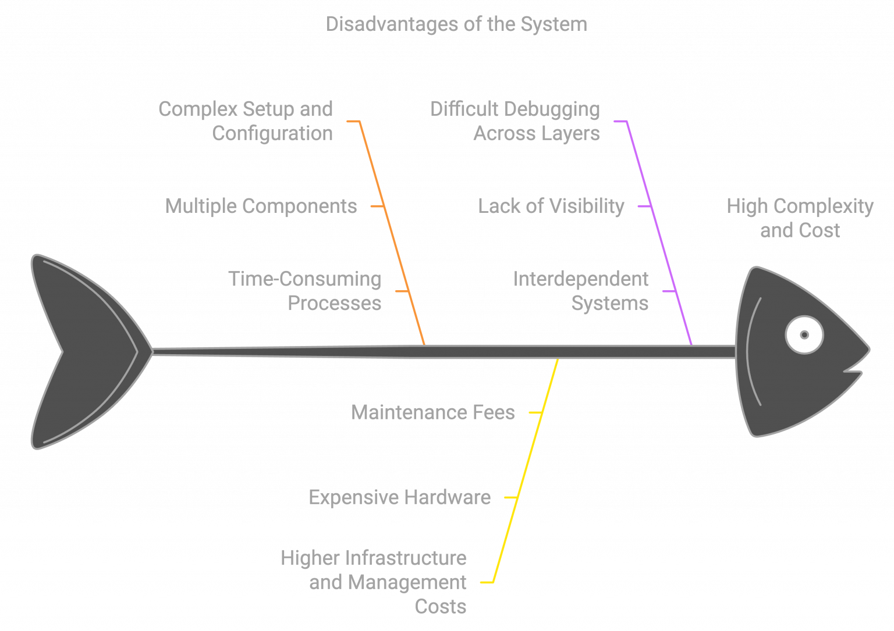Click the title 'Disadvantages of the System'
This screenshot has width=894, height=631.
pos(456,24)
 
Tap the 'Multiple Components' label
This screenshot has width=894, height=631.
pos(261,206)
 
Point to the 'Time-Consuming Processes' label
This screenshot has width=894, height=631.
pos(305,291)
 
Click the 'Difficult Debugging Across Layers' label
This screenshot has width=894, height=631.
pos(515,121)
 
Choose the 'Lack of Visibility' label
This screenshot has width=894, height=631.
pos(551,206)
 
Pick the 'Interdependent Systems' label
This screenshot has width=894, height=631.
pos(581,291)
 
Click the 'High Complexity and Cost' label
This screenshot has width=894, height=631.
pos(800,218)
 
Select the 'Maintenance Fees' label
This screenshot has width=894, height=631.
pos(433,412)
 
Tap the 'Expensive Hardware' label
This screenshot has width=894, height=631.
pos(399,497)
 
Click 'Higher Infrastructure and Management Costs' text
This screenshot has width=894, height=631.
pos(374,582)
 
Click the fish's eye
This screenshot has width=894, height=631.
pos(804,335)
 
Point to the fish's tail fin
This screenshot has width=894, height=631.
pos(81,351)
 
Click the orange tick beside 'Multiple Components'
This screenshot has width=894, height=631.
pos(378,206)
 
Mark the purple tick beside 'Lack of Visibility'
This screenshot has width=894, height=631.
pos(644,206)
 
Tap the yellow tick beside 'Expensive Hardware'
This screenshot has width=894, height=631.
pos(510,497)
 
